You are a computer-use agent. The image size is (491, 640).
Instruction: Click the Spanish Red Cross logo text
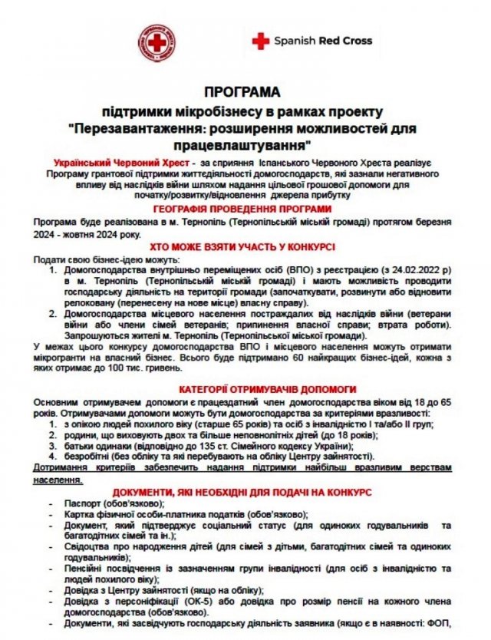(322, 40)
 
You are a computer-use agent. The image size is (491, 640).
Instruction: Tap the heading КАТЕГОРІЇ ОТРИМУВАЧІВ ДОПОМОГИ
(245, 388)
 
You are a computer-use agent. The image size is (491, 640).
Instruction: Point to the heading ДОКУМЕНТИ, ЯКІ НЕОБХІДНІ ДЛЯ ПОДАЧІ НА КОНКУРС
(245, 491)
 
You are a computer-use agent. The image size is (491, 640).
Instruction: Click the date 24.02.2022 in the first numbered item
(410, 270)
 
